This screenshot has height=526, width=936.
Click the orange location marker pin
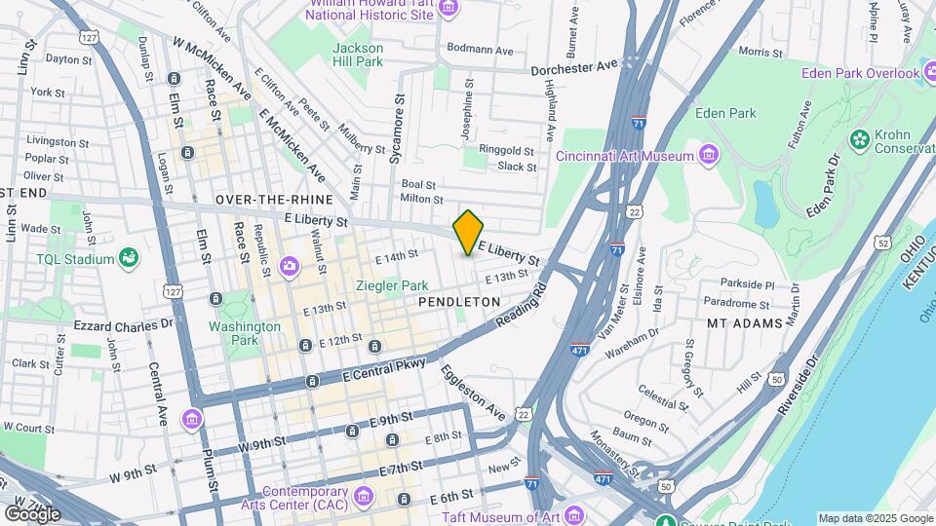pos(469,232)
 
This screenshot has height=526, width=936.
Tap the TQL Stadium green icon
pos(129,257)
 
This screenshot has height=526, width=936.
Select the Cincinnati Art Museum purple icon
pos(709,155)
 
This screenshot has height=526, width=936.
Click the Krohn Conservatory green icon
pos(860,139)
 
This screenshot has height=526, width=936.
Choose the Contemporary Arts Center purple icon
pos(364,498)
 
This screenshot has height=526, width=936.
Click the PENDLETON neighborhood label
pos(459,303)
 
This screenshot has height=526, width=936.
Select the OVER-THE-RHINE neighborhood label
pos(268,200)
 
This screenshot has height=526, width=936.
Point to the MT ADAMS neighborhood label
pos(744,322)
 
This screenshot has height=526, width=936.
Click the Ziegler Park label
pos(392,285)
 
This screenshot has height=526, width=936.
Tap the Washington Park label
pos(232,333)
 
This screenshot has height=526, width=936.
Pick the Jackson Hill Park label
pos(357,55)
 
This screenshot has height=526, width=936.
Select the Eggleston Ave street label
pos(474,391)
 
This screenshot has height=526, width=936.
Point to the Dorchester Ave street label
pos(574,67)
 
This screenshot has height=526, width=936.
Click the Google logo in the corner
pos(33,512)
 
